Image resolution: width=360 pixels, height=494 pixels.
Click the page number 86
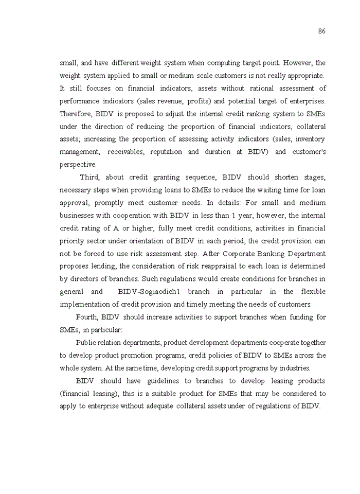[321, 31]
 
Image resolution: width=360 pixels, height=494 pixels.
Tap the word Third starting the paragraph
[89, 178]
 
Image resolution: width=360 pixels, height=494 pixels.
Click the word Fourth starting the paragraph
[87, 317]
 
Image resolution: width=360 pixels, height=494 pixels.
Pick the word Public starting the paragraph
[85, 343]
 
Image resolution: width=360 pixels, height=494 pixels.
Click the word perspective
[78, 165]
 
